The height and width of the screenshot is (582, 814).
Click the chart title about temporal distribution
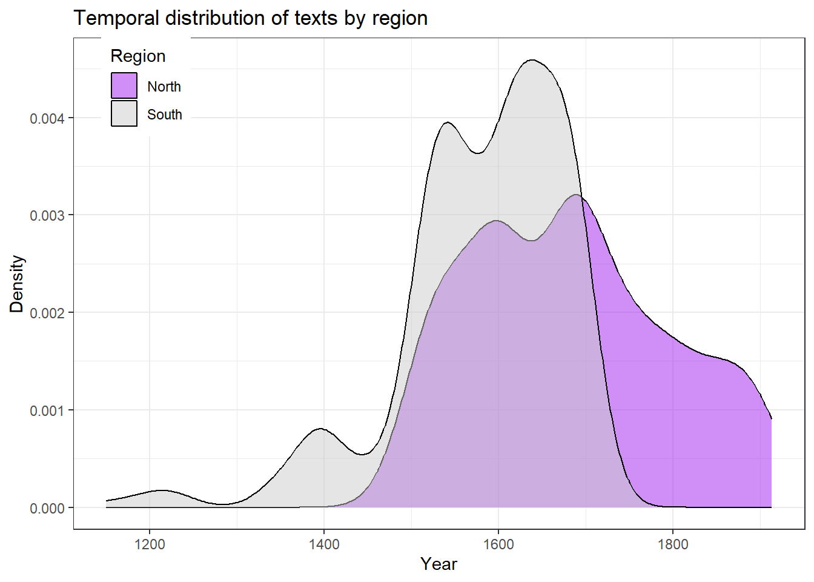[x=251, y=18]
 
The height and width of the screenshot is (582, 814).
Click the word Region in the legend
[x=138, y=56]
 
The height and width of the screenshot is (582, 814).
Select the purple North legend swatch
[x=124, y=85]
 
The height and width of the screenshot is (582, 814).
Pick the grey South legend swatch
[x=124, y=113]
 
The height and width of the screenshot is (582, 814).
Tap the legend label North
[x=164, y=87]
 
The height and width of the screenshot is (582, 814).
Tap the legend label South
[x=165, y=115]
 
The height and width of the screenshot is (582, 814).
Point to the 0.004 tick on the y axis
[x=47, y=118]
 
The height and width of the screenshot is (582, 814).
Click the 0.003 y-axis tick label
[x=47, y=216]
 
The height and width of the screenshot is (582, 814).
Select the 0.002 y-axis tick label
[x=47, y=313]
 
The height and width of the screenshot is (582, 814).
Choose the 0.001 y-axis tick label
[x=47, y=410]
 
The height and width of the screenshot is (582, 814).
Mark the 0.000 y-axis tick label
[x=47, y=508]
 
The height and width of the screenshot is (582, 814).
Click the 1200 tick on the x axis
[x=150, y=544]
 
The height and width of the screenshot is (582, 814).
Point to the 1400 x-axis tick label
[x=324, y=544]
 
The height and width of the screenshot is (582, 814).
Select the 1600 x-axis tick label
[x=498, y=544]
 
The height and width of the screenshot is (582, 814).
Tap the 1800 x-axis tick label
[x=673, y=544]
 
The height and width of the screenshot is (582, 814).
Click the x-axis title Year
[x=439, y=564]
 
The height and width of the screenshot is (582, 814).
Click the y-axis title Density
[x=16, y=284]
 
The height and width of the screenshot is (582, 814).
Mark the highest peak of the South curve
[x=532, y=60]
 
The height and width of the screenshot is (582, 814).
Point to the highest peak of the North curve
[x=575, y=195]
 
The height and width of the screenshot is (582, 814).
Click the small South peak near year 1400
[x=320, y=429]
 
